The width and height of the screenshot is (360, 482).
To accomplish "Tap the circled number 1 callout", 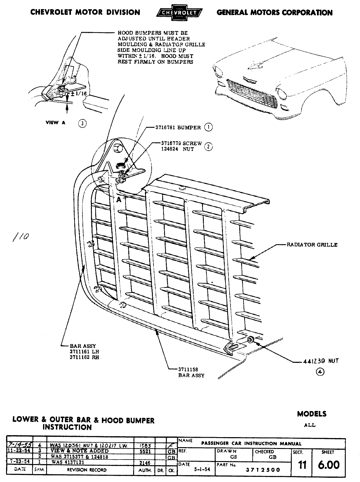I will tap(208, 127).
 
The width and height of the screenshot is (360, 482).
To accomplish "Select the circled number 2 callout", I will tap(208, 147).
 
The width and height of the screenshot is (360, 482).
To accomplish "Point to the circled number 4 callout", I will tap(320, 372).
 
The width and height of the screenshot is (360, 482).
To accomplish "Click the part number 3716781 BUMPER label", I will tap(178, 128).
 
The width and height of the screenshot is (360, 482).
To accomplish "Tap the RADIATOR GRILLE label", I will tap(312, 245).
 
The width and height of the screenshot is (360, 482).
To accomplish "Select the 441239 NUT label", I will tap(320, 361).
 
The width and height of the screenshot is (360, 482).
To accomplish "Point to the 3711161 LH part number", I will tap(84, 352).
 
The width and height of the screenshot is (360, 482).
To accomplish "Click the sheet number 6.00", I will tap(328, 465).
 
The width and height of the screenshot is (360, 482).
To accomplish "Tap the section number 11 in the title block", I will tap(302, 465).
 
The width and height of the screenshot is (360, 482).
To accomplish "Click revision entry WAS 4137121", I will tap(68, 462).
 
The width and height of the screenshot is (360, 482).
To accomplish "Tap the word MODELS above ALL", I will tap(312, 414).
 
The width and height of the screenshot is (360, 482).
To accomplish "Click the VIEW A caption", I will tap(55, 123).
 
